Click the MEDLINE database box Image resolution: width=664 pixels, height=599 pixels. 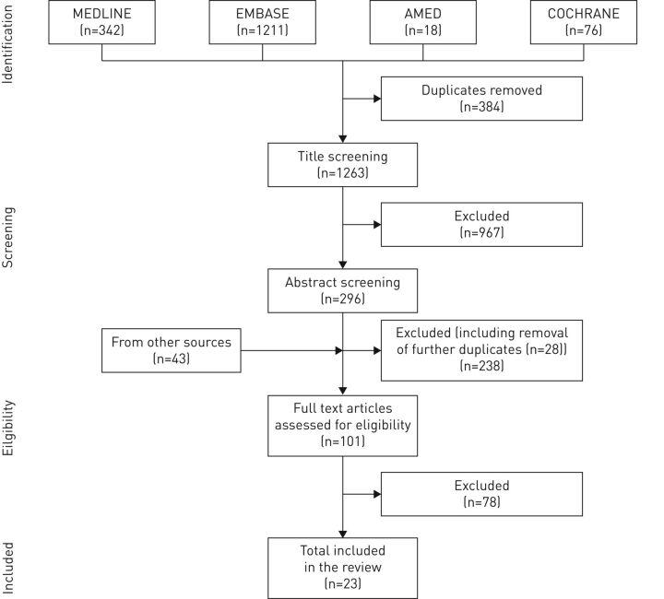(101, 23)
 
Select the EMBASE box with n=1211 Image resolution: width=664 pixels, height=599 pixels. (262, 23)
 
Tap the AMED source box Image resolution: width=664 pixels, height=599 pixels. (423, 23)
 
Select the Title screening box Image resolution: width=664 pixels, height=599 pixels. (342, 163)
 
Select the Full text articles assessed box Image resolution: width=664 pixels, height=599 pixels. (342, 425)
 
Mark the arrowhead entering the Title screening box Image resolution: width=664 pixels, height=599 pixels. (342, 138)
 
